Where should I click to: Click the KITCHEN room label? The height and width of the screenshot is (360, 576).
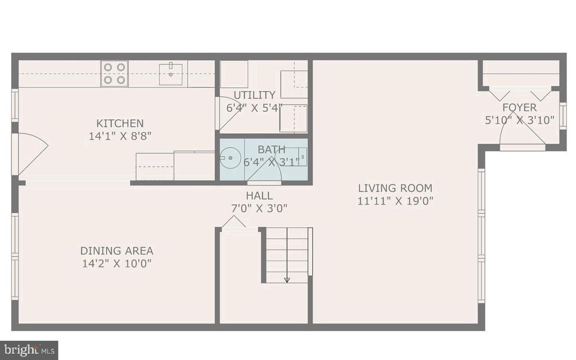(x=120, y=123)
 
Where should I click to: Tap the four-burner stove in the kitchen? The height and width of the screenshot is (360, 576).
(x=114, y=74)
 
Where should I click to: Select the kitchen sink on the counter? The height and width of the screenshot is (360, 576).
(x=170, y=74)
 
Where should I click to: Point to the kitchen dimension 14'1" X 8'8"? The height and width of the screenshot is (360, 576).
(x=120, y=136)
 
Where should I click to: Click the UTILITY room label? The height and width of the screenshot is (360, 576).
(x=254, y=95)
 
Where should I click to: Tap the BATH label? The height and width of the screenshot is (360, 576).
(x=271, y=150)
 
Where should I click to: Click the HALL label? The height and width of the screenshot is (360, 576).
(x=259, y=196)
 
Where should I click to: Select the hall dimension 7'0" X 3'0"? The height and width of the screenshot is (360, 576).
(x=259, y=208)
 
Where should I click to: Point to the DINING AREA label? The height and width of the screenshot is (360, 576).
(x=116, y=251)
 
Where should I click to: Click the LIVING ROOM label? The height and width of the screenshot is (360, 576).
(x=395, y=188)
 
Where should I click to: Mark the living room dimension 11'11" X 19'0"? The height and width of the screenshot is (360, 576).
(x=395, y=201)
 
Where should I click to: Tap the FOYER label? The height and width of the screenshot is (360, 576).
(x=519, y=107)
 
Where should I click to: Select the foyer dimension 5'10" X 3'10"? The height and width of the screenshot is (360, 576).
(x=519, y=120)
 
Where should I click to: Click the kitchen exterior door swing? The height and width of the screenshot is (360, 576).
(x=31, y=153)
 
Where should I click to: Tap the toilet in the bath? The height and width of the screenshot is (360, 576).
(x=299, y=156)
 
